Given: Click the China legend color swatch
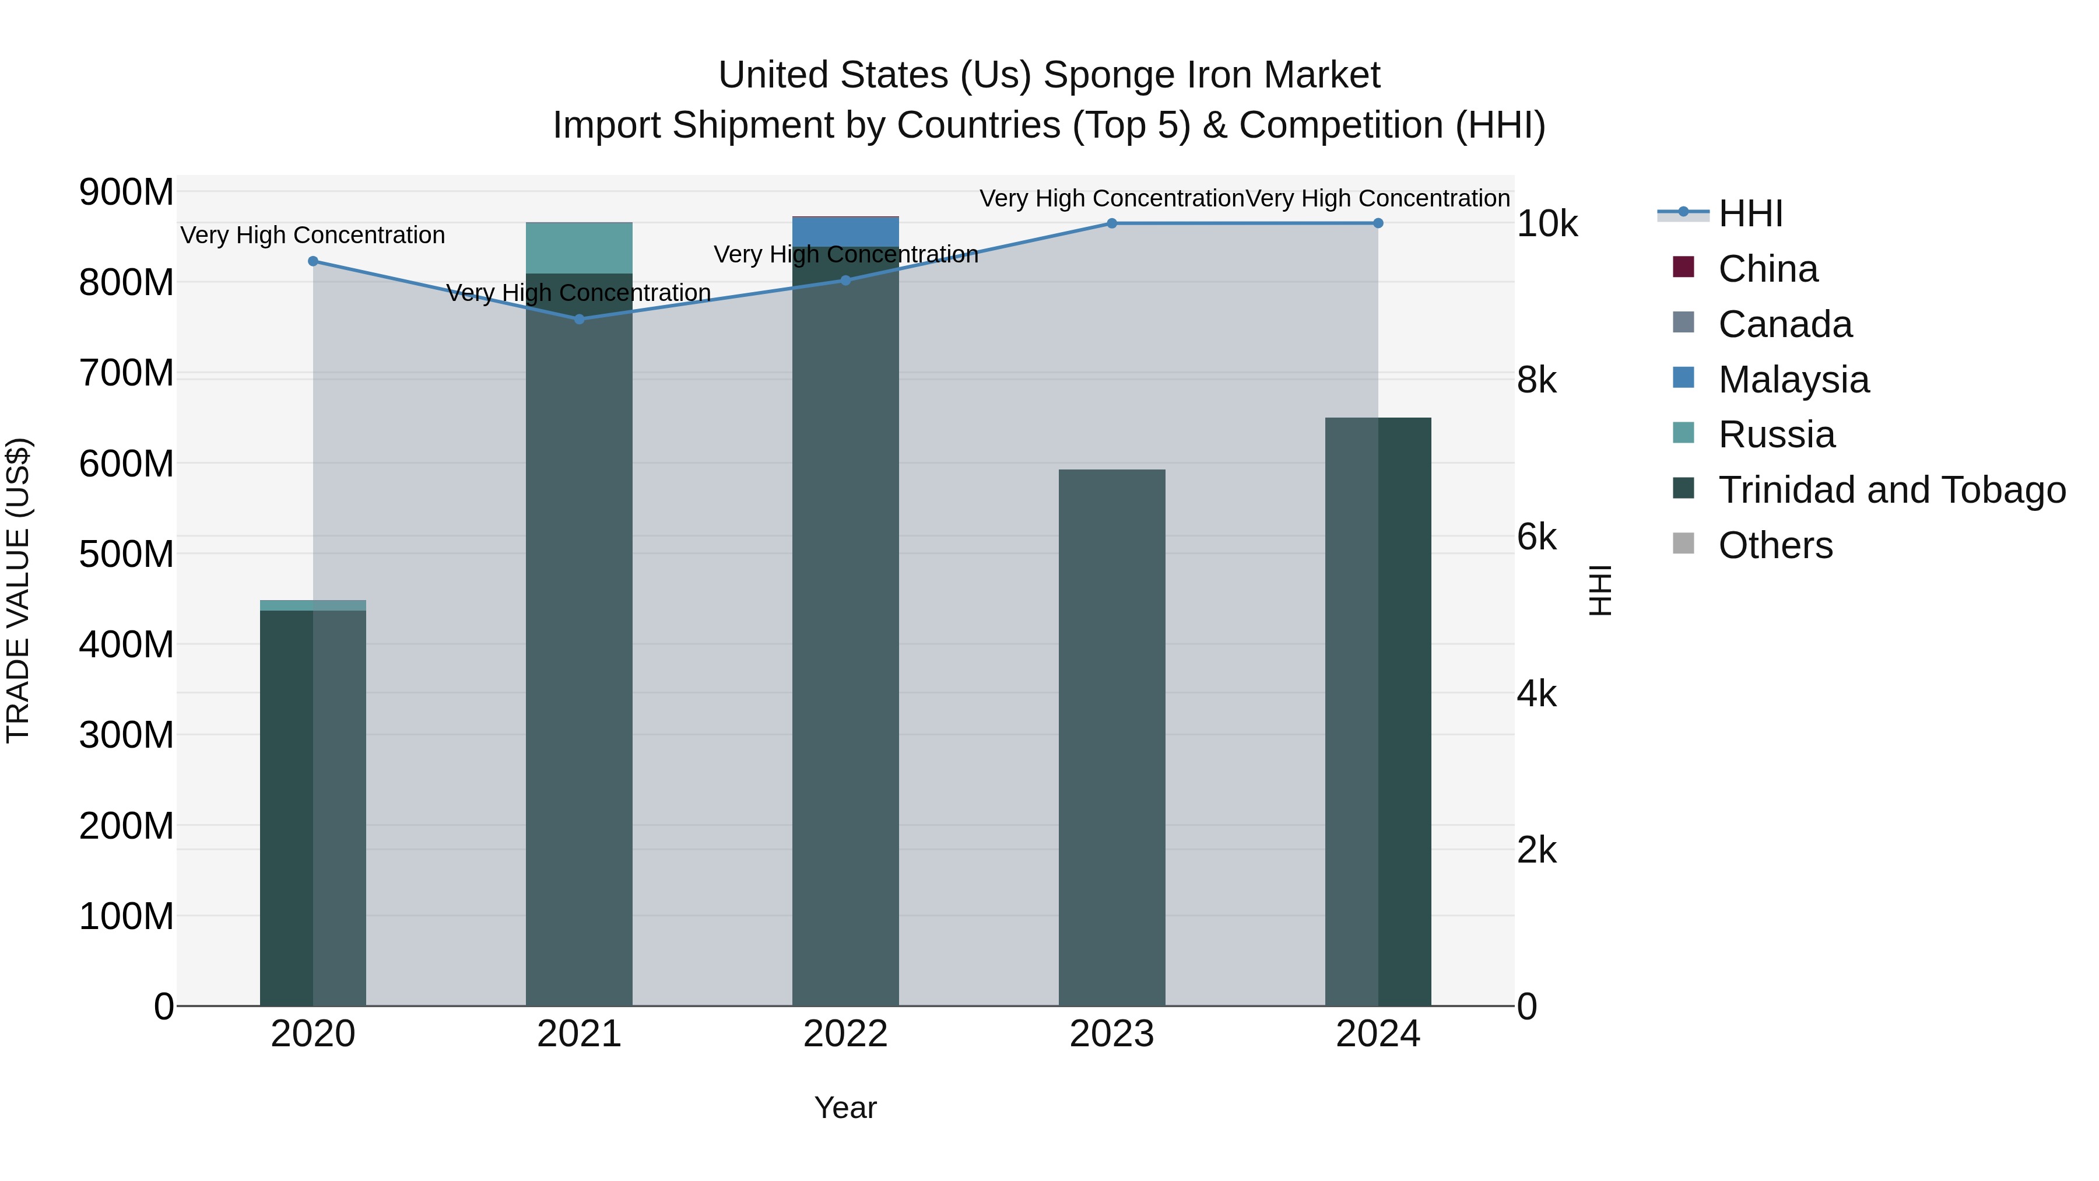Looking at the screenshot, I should [x=1683, y=267].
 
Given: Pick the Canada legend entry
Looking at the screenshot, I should [x=1785, y=324].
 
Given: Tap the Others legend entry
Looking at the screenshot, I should [x=1775, y=545].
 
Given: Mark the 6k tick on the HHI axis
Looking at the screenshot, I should [x=1536, y=537].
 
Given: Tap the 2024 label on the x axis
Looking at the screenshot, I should [x=1377, y=1034].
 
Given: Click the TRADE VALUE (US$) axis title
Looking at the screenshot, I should [x=18, y=590].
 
